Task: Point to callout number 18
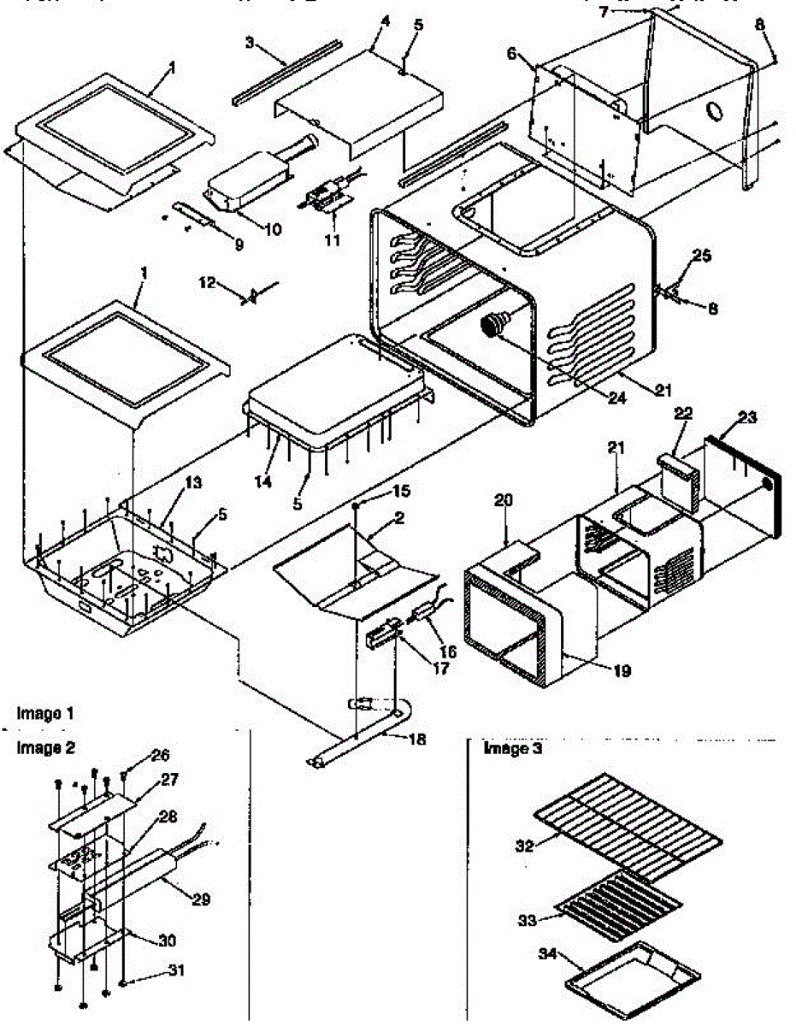click(417, 739)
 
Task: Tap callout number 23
click(748, 419)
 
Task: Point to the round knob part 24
click(493, 326)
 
